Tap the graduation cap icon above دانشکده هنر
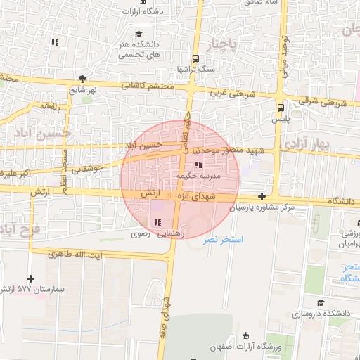coord(139,34)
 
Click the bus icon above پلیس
coord(281,108)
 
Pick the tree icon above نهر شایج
coord(84,79)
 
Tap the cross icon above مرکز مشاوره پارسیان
coord(262,197)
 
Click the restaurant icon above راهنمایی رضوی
coord(156,223)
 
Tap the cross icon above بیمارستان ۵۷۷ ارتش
coord(31,278)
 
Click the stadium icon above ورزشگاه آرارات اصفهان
coord(245,335)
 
